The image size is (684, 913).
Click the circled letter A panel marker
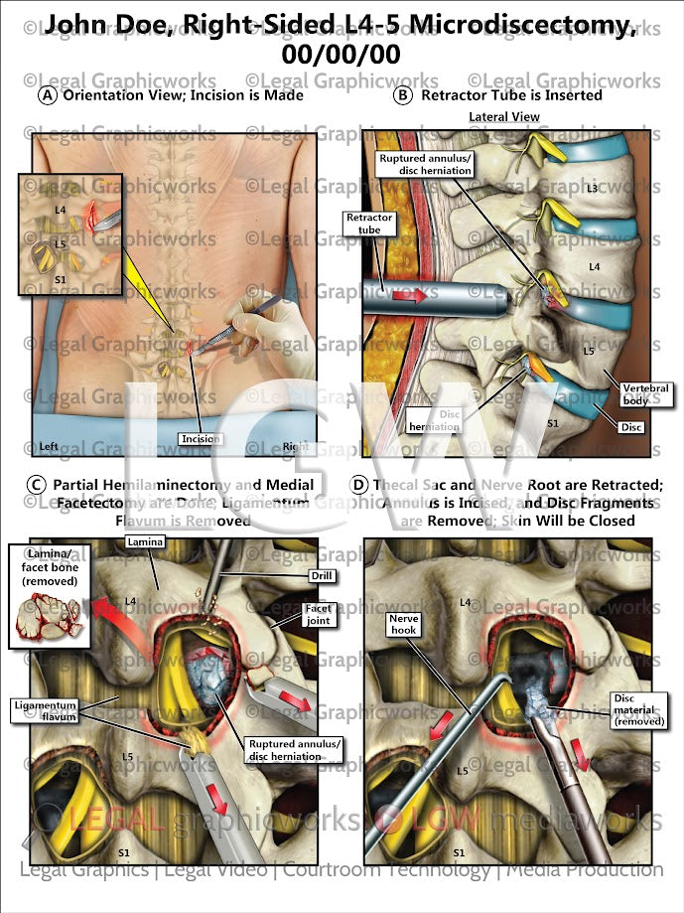47,96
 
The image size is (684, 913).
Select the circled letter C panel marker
37,485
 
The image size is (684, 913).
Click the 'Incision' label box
201,438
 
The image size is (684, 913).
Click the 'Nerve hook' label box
404,624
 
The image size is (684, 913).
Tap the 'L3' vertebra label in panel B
592,187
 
